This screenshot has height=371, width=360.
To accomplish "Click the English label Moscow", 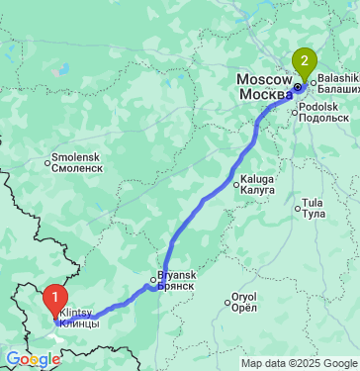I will [x=262, y=80].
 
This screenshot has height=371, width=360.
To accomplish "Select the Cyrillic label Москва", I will [x=266, y=94].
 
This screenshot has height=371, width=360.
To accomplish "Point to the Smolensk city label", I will [x=77, y=157].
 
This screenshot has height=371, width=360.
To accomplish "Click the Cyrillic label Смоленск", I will [x=79, y=168].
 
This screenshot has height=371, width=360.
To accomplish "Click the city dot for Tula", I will [x=298, y=208].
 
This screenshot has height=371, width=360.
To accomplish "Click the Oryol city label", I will [x=243, y=296].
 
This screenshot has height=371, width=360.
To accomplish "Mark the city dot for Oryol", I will [x=226, y=296].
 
